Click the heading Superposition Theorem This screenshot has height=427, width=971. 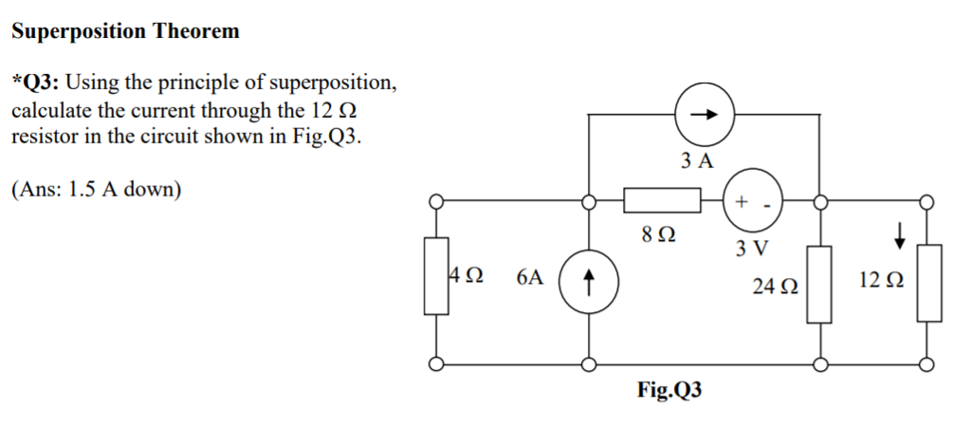click(x=125, y=31)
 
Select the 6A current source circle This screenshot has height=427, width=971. click(x=589, y=281)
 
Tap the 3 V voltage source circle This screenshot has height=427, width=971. click(x=753, y=201)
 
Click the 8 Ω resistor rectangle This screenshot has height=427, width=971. click(x=662, y=201)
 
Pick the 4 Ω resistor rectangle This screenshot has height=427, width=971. click(x=436, y=276)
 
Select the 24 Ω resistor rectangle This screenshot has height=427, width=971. click(x=819, y=284)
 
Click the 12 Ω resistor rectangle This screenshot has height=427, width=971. click(x=928, y=283)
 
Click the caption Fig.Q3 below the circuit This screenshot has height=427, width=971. click(x=670, y=391)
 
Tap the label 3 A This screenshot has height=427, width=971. click(x=697, y=160)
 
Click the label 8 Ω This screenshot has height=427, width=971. click(x=659, y=233)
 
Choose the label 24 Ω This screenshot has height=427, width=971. click(x=775, y=285)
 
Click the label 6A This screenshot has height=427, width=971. click(x=531, y=278)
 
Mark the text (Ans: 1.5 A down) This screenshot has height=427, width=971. click(x=96, y=189)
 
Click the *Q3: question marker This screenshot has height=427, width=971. click(x=36, y=83)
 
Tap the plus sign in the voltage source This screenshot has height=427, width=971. click(x=741, y=200)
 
